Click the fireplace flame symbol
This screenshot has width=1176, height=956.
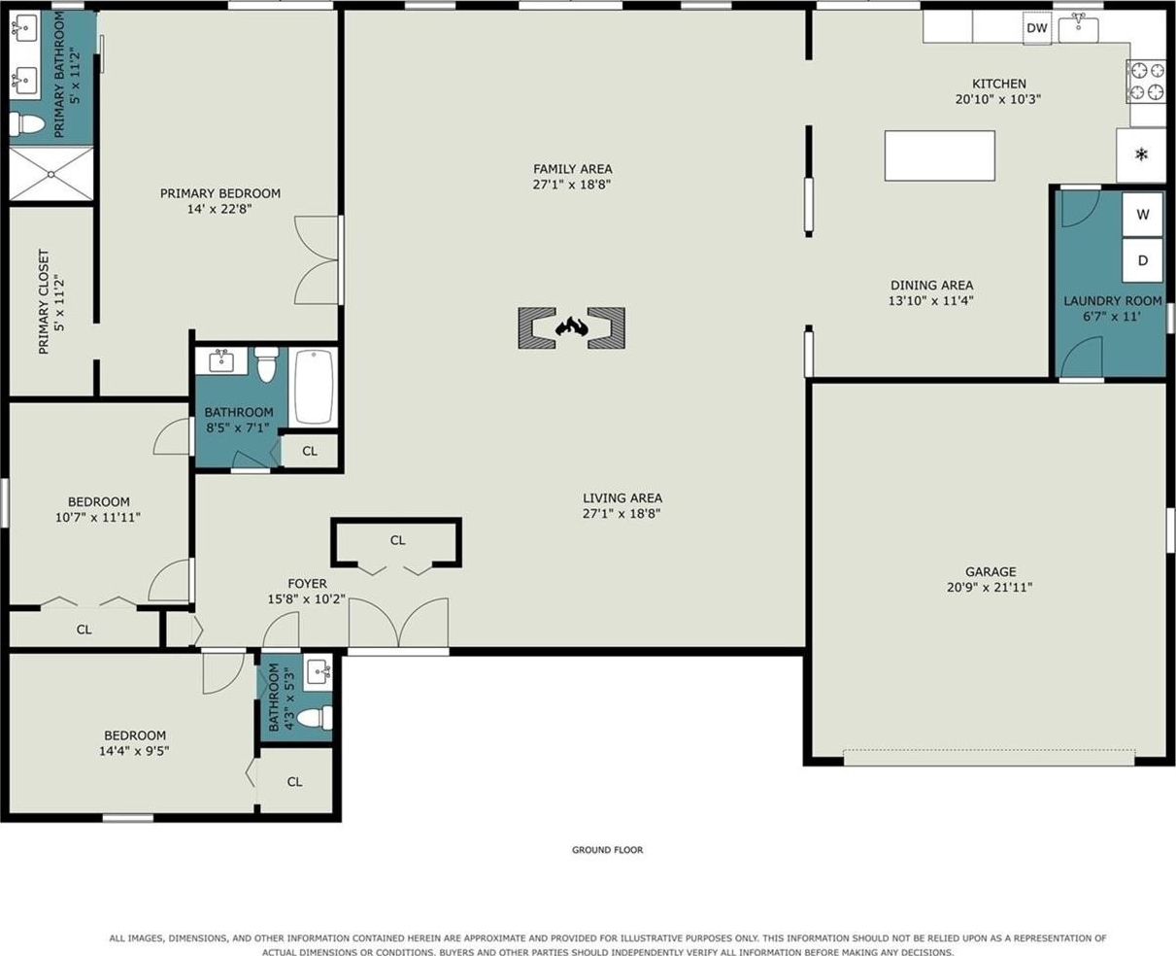click(x=571, y=327)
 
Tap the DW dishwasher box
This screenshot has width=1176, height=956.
click(x=1037, y=27)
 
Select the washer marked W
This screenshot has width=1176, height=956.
click(x=1142, y=214)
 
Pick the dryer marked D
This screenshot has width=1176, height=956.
click(x=1142, y=260)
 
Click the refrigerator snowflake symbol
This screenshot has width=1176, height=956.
click(x=1141, y=154)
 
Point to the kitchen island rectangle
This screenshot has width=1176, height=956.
click(x=940, y=155)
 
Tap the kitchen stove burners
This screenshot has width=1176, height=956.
click(x=1147, y=82)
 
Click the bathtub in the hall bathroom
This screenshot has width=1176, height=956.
click(x=313, y=387)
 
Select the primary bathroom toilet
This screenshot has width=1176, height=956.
click(x=26, y=123)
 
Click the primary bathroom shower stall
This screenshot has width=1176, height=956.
click(x=50, y=174)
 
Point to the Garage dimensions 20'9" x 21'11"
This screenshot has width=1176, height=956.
click(x=990, y=587)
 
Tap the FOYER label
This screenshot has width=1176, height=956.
click(x=307, y=583)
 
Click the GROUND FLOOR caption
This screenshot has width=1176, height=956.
click(x=607, y=850)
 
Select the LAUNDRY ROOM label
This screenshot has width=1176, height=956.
click(x=1113, y=301)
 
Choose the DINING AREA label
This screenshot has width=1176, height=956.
click(x=931, y=285)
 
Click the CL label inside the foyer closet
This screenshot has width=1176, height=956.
click(x=397, y=540)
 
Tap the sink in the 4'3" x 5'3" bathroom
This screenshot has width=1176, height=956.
click(x=319, y=672)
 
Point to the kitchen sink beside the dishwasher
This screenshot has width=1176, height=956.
click(x=1078, y=29)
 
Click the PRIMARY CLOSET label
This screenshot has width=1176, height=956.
click(x=44, y=301)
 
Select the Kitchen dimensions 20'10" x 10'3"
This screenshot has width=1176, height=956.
click(x=998, y=99)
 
